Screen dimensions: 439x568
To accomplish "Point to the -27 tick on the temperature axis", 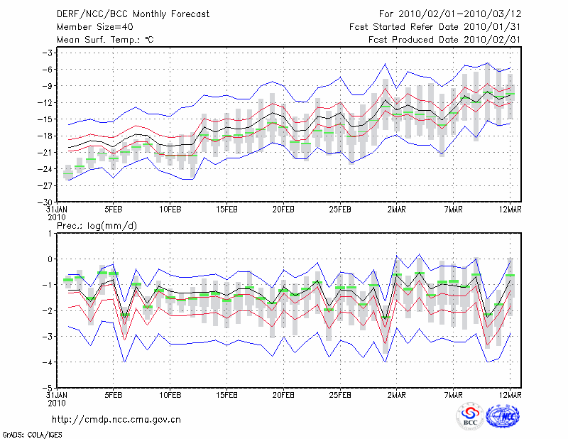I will [48, 185].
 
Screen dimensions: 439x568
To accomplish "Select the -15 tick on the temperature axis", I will [48, 119].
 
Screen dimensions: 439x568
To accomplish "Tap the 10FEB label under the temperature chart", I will [170, 210].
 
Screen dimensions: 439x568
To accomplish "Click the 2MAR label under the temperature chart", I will [396, 210].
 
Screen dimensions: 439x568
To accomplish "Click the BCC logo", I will [470, 416].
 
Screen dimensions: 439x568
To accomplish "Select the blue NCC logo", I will [503, 416].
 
